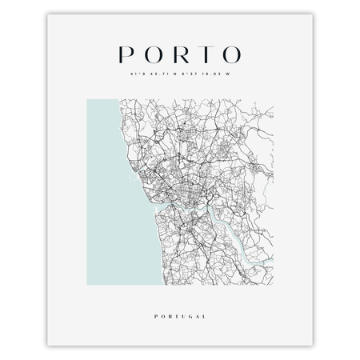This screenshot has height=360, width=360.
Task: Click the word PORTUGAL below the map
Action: (180, 294)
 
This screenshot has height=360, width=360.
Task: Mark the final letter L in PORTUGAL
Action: (204, 294)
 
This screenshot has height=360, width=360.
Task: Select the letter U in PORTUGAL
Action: (177, 294)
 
